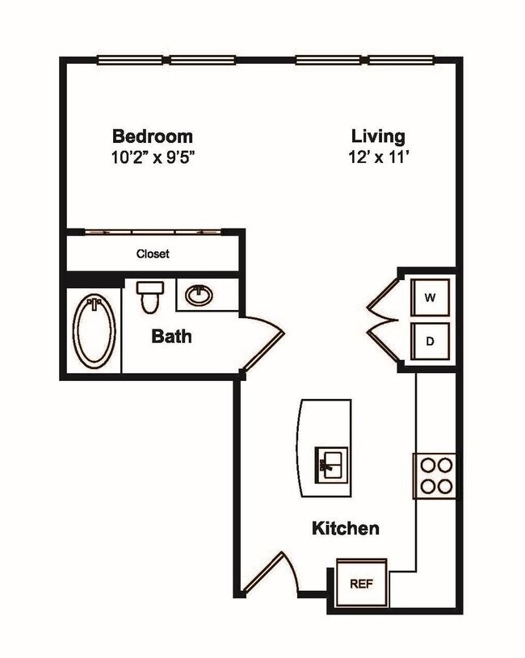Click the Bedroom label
152,136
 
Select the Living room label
378,136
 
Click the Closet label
153,254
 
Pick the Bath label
172,336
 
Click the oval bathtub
94,332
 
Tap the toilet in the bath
149,296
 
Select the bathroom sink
199,295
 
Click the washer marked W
430,298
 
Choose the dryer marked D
430,342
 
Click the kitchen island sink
330,463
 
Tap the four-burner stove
436,476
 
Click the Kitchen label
346,530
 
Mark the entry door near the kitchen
266,574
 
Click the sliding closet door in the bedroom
153,233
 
